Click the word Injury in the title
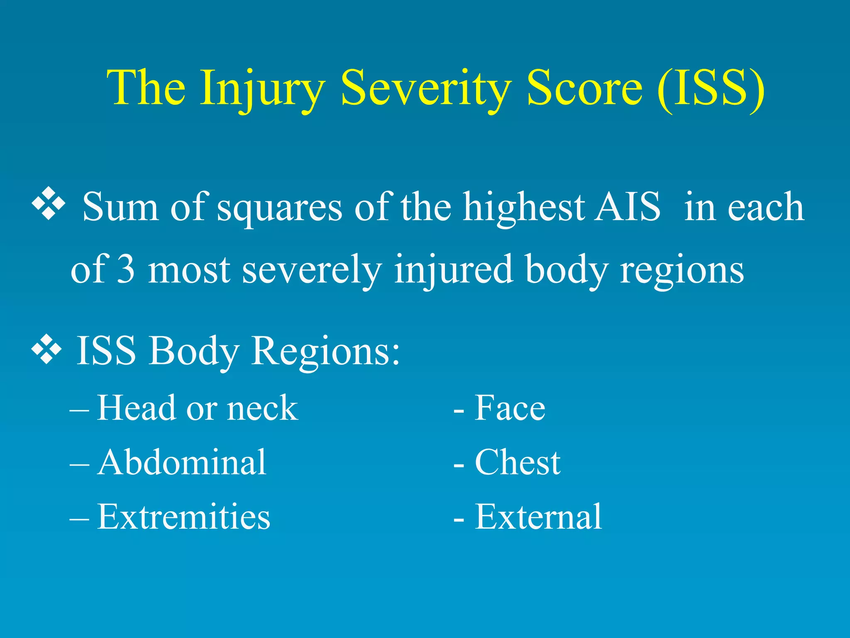(x=261, y=89)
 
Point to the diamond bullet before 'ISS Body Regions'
(x=47, y=349)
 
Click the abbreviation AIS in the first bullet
(x=627, y=206)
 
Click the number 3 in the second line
(x=126, y=270)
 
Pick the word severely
(x=311, y=271)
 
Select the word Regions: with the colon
(x=326, y=351)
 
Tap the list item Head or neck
(x=197, y=408)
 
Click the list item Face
(x=510, y=408)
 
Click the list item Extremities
(x=183, y=517)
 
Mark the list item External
(x=538, y=517)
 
